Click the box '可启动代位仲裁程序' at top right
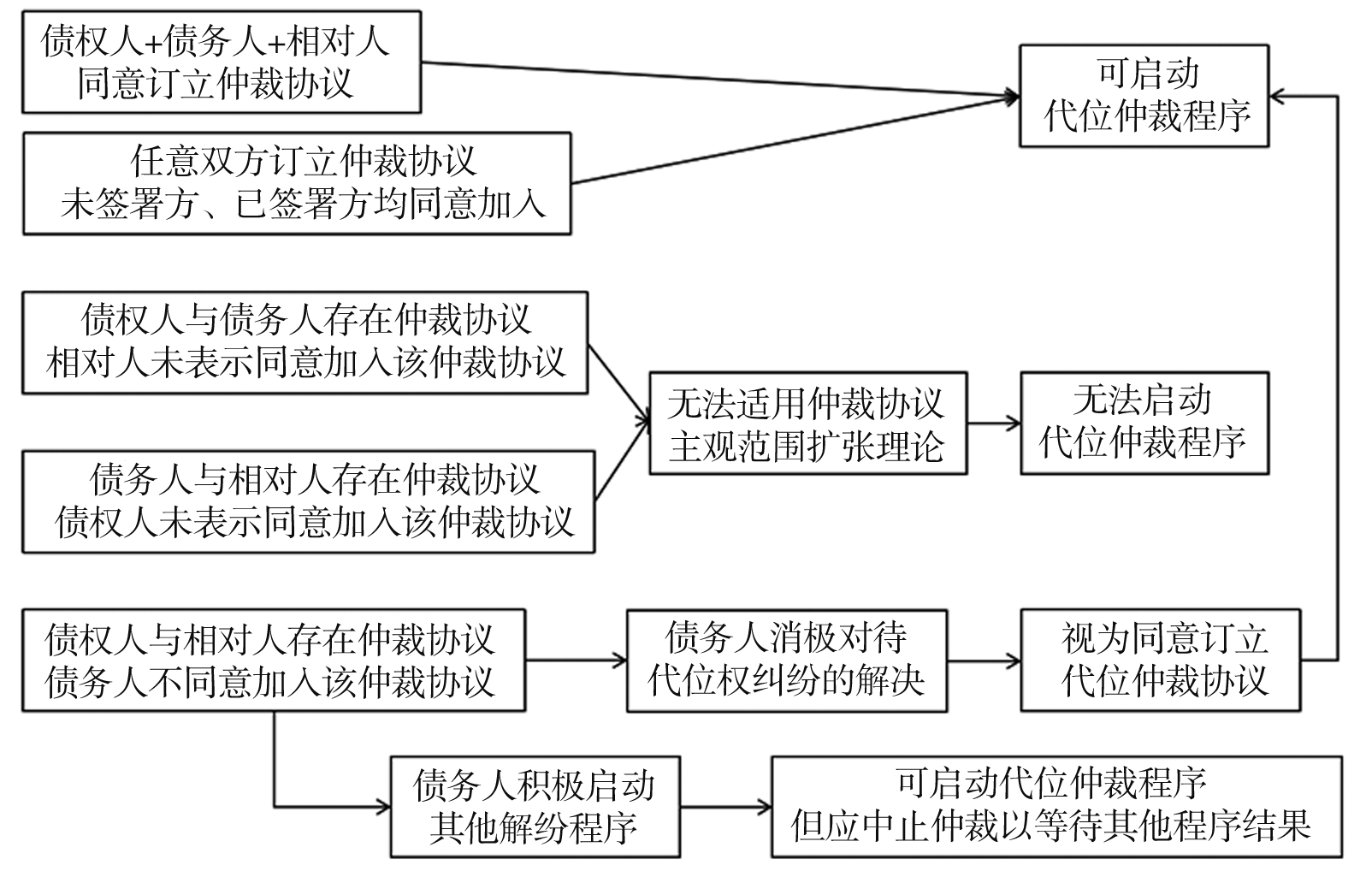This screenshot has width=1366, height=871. [x=1143, y=96]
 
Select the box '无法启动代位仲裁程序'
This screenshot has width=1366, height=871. [x=1143, y=423]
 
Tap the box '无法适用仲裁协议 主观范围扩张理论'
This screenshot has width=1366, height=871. [x=807, y=423]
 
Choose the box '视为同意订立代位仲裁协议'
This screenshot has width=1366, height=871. [x=1160, y=661]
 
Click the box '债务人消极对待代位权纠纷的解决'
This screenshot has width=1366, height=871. [x=786, y=661]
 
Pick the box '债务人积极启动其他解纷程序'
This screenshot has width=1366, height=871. [x=535, y=806]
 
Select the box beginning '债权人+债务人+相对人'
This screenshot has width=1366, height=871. [x=221, y=62]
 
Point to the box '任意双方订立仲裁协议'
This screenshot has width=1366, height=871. [x=296, y=183]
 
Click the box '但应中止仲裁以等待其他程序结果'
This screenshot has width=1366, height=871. [x=1056, y=806]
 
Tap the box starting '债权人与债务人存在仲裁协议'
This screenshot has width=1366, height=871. [x=305, y=342]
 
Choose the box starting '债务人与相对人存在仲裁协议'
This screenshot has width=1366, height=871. [x=308, y=502]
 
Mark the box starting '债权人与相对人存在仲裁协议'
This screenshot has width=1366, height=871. [x=273, y=661]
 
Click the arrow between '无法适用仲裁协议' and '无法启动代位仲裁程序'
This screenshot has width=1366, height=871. [x=993, y=423]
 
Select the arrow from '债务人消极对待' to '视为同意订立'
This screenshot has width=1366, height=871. [x=984, y=661]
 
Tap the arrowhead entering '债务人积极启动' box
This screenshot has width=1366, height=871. [x=383, y=806]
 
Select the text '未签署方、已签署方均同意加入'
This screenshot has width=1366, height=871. [x=303, y=204]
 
